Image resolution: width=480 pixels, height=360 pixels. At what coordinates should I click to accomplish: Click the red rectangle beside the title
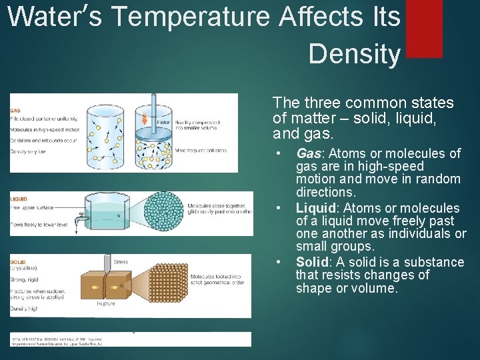pyautogui.click(x=424, y=27)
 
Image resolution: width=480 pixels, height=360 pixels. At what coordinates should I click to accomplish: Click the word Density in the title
pyautogui.click(x=354, y=54)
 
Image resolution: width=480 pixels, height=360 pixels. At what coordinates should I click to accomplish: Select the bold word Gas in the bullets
pyautogui.click(x=309, y=154)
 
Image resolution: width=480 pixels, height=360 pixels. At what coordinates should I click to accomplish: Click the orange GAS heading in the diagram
pyautogui.click(x=15, y=110)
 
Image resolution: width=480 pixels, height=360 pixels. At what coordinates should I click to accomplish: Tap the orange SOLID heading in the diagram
pyautogui.click(x=17, y=262)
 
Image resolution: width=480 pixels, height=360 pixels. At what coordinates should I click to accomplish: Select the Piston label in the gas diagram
pyautogui.click(x=163, y=123)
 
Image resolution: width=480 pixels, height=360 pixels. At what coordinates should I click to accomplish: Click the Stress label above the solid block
pyautogui.click(x=121, y=262)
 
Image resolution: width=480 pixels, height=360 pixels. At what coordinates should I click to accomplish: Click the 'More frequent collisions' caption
pyautogui.click(x=201, y=151)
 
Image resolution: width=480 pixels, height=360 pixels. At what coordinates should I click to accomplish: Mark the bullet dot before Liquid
pyautogui.click(x=279, y=209)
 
